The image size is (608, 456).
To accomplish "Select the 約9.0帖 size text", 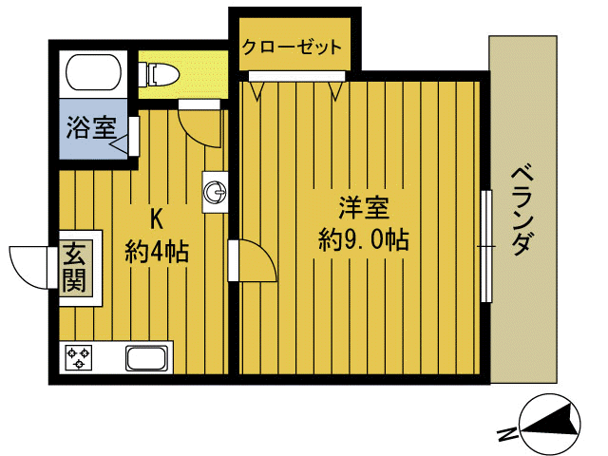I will coord(364,240).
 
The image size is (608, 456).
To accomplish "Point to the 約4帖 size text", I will coord(157,252).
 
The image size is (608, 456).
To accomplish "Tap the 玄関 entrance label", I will coord(75,267).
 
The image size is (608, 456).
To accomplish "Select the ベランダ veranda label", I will coord(520,211).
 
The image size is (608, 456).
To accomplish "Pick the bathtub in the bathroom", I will coord(91,72).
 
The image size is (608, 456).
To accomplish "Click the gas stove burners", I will coord(78,358).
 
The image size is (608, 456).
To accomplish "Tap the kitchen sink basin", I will coord(147,359).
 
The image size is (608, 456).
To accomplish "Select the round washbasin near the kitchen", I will coord(215,193).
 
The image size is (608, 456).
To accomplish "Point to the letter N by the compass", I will coord(508,435).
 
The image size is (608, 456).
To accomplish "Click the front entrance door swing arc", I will coord(30,265).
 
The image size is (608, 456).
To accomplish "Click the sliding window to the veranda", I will coord(486,244).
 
